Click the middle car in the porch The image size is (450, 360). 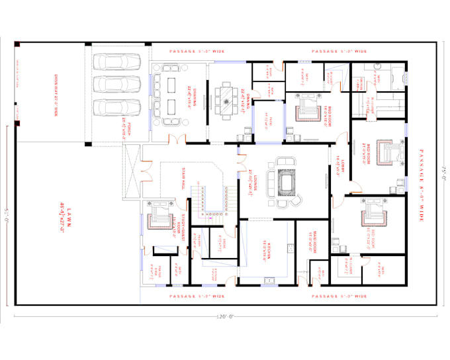[x=118, y=85]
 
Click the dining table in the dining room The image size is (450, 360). [x=228, y=101]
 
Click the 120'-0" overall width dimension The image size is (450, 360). [x=224, y=316]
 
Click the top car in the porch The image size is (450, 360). [x=118, y=62]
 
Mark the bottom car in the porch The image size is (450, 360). [x=118, y=107]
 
